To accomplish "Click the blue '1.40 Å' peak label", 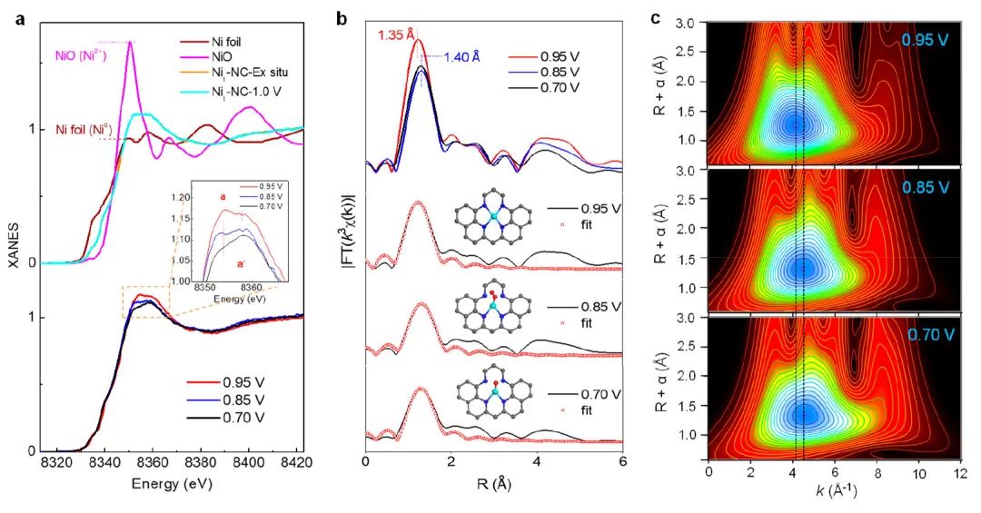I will tap(461, 56).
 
